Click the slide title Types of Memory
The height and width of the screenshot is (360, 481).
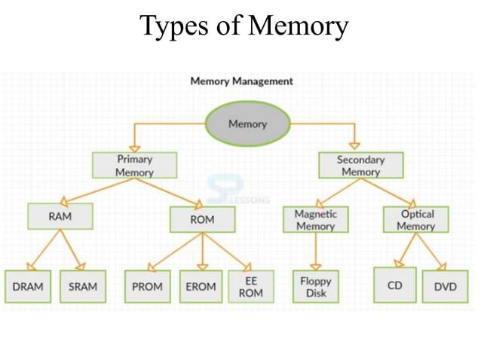click(x=244, y=26)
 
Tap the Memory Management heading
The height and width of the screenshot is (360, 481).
click(x=241, y=81)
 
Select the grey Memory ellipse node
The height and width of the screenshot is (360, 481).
click(x=247, y=124)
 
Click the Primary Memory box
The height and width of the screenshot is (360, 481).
click(x=134, y=166)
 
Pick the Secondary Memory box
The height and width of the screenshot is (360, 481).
click(x=360, y=166)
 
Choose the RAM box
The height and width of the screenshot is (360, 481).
click(x=60, y=216)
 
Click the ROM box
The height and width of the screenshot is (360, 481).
click(x=202, y=219)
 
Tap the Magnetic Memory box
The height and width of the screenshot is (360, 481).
click(x=315, y=220)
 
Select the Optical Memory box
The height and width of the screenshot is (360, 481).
click(x=415, y=220)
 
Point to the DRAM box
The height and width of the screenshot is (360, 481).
click(x=28, y=286)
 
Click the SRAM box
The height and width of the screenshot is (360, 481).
click(x=82, y=286)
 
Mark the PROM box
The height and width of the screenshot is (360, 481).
click(x=147, y=286)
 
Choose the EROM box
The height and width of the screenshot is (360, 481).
click(x=201, y=286)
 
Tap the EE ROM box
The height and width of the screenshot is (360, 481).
click(x=250, y=286)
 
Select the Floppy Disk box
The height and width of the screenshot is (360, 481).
click(x=316, y=286)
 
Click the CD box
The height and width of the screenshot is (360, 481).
click(x=394, y=285)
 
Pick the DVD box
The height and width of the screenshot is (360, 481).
click(x=445, y=286)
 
